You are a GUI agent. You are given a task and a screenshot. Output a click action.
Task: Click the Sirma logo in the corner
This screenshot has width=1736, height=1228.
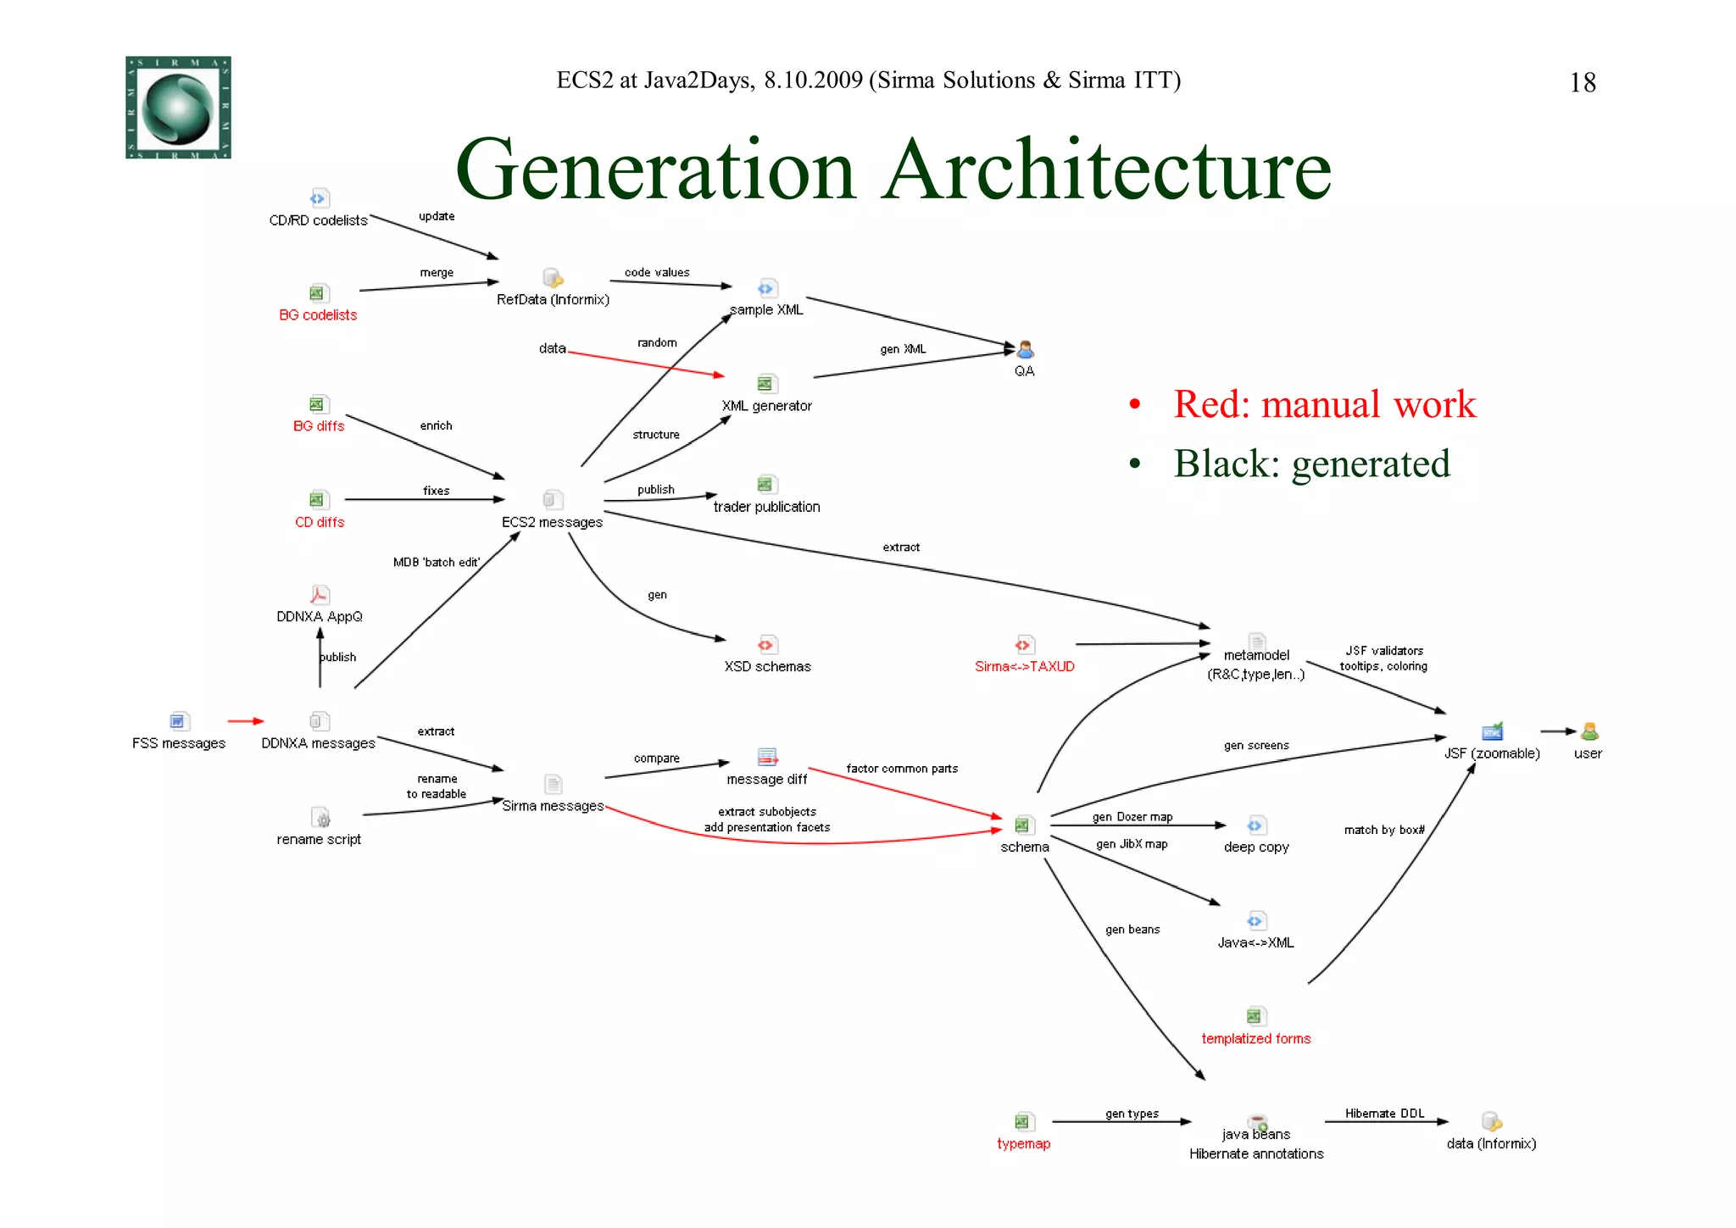coord(178,108)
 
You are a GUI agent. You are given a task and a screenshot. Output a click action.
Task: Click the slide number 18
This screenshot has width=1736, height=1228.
coord(1582,83)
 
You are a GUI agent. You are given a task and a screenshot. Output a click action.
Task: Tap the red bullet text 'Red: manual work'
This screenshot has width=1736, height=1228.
coord(1324,404)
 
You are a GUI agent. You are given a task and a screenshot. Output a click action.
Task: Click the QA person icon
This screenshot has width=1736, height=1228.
coord(1025,349)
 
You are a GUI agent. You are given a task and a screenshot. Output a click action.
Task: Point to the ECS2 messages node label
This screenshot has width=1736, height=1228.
coord(552,522)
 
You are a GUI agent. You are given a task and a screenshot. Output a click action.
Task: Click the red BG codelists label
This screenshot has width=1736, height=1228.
coord(318,315)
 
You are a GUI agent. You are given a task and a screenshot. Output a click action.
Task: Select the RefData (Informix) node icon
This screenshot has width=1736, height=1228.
coord(553,278)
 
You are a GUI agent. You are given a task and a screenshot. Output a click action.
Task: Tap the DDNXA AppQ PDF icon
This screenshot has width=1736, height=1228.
coord(320,595)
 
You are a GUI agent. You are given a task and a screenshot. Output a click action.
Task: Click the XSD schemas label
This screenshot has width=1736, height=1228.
coord(767,667)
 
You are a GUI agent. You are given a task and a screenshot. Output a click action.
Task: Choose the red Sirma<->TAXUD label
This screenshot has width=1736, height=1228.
coord(1024,667)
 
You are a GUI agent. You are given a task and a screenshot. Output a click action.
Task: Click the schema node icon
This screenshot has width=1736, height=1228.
coord(1024,825)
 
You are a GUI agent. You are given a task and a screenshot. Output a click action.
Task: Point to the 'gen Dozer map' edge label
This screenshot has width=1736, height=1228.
coord(1132,817)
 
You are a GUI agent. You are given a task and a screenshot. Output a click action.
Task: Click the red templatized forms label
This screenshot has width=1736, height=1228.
coord(1255,1039)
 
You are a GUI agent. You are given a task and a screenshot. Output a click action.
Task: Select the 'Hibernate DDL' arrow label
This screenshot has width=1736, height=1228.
coord(1384,1114)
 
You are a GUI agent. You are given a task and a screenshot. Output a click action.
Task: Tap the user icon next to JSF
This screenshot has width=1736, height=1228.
coord(1589,731)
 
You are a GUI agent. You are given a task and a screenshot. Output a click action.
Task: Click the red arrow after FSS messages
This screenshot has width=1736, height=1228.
coord(246,721)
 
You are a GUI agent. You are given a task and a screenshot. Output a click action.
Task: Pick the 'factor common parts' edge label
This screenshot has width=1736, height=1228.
coord(902,769)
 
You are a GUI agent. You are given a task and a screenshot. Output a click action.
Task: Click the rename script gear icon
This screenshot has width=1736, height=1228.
coord(321,818)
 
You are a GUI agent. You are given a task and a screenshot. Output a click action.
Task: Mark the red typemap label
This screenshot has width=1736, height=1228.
coord(1023,1144)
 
